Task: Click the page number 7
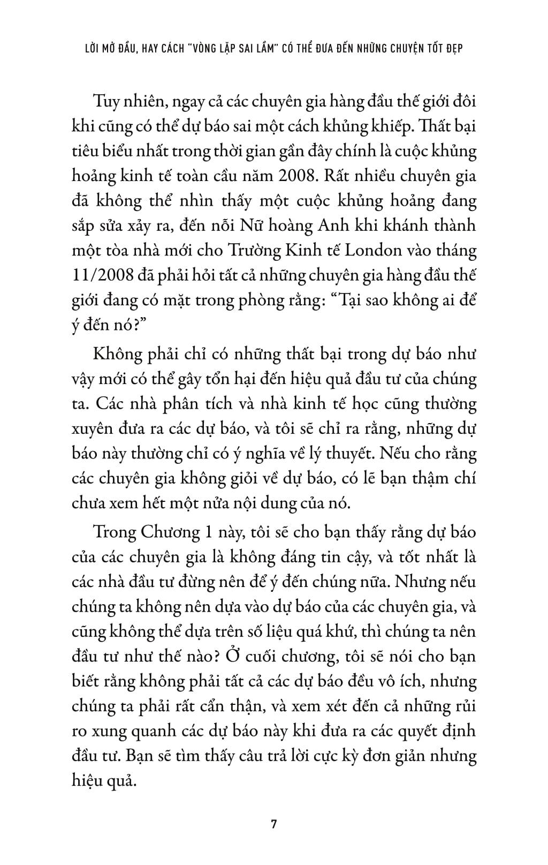pos(273,824)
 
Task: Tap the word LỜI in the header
pos(94,48)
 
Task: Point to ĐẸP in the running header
pos(453,48)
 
